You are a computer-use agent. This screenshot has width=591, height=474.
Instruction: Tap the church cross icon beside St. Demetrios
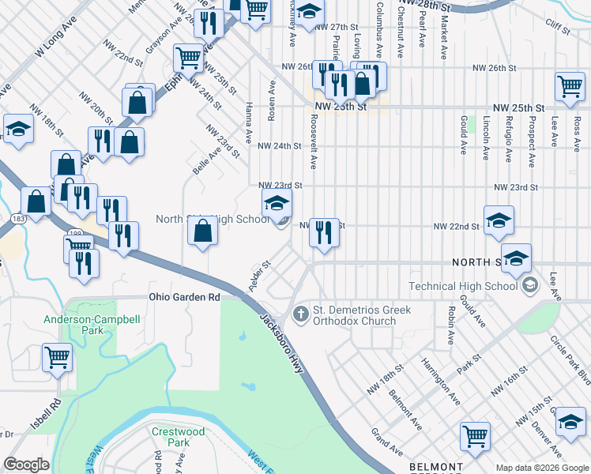300,314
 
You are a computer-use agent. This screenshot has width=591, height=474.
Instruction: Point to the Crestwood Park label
179,437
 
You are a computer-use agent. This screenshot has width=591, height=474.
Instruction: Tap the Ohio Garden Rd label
184,297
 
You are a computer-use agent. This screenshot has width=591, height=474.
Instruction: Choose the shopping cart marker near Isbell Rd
58,357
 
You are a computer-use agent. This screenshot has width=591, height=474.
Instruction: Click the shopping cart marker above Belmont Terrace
476,435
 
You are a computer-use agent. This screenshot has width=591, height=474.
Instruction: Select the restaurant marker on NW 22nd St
324,232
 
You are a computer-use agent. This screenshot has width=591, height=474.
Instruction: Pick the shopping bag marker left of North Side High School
203,231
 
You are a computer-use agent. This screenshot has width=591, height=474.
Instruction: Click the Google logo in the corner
26,465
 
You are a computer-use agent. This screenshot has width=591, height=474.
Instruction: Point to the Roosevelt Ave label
313,141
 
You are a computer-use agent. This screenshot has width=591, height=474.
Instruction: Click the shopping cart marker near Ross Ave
570,86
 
